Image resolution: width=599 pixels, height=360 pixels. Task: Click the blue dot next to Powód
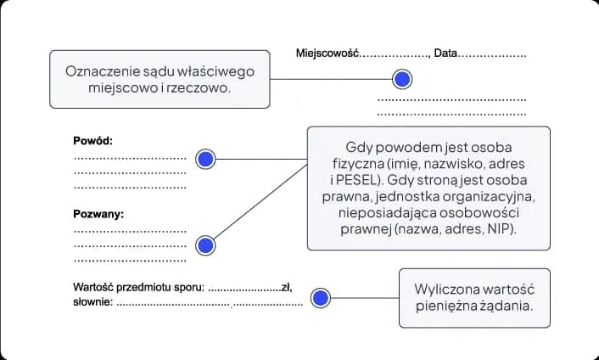205,159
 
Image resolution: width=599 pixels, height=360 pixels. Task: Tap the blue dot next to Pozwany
205,245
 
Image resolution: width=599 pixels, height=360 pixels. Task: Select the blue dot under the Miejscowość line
402,80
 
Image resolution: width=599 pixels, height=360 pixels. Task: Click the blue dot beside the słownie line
320,298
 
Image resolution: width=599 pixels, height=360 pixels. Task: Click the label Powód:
92,141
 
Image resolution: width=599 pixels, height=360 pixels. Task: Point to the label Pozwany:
98,214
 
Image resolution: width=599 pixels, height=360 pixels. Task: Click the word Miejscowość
328,53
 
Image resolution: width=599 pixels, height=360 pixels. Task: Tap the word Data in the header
445,53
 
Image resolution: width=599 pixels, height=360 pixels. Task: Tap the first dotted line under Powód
129,158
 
